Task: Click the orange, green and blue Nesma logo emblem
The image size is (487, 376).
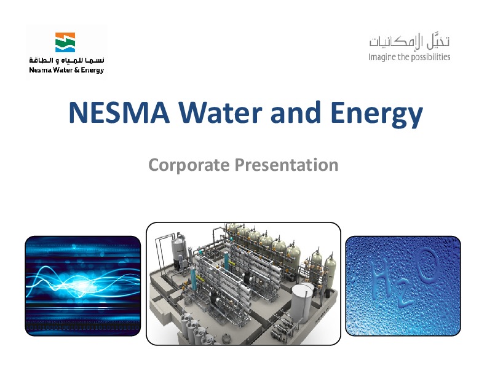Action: (x=66, y=42)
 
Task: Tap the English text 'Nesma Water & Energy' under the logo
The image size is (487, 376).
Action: (x=66, y=69)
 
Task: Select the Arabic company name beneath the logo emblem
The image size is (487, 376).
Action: (x=66, y=60)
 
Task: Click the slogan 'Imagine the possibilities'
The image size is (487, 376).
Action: (x=409, y=57)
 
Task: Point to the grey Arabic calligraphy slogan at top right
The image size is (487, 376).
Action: (x=410, y=42)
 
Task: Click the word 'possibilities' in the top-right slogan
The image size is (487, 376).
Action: (x=428, y=57)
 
